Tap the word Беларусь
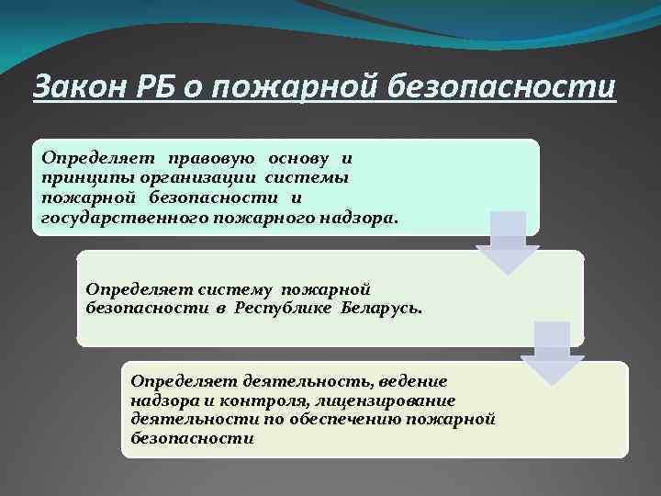click(382, 309)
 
